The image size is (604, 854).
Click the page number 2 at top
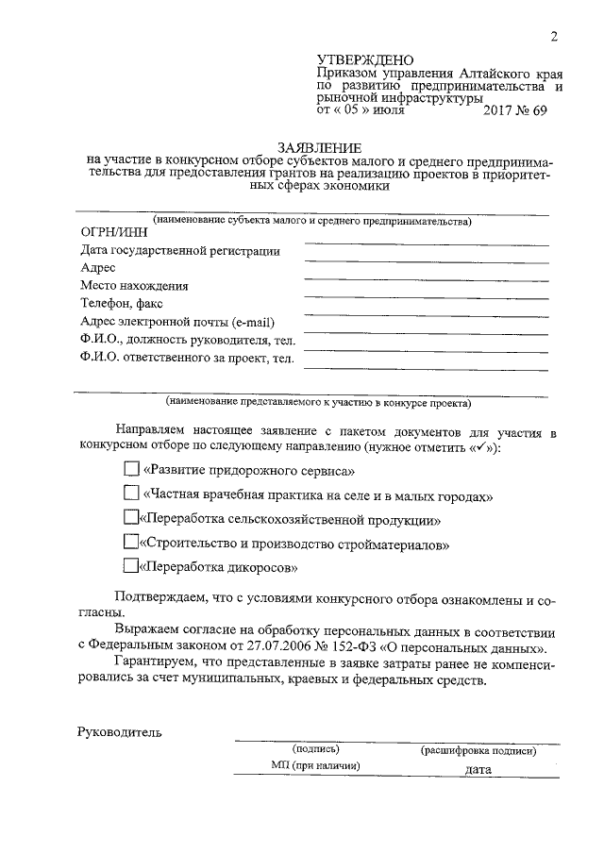(x=554, y=37)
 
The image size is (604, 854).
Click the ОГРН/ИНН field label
(x=110, y=233)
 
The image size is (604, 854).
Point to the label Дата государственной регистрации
(x=179, y=251)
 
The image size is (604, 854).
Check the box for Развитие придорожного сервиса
(x=131, y=468)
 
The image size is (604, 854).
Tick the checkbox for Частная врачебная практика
(x=131, y=494)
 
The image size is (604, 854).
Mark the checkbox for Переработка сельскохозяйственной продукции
(x=131, y=518)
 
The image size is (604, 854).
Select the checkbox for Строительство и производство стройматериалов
(x=131, y=543)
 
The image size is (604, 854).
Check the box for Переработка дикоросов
(x=131, y=567)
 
